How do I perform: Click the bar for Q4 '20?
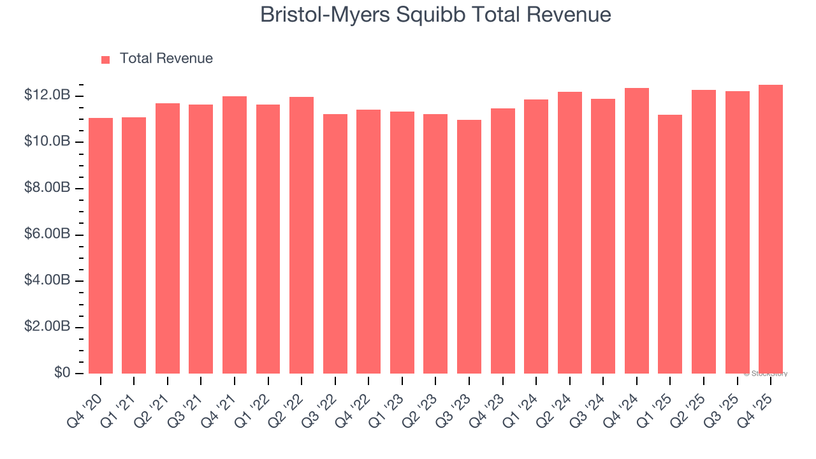point(101,245)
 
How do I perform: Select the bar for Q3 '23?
point(469,247)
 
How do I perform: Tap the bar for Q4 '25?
point(771,229)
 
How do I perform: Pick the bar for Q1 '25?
point(670,244)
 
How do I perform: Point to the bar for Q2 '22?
point(302,235)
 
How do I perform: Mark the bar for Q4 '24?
point(637,231)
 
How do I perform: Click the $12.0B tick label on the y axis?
point(47,96)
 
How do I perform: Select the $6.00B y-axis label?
point(47,235)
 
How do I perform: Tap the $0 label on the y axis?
point(61,373)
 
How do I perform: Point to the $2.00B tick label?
point(47,327)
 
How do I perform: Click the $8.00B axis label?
point(47,188)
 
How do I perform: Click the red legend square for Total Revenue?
point(106,60)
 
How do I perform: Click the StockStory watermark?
point(766,374)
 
